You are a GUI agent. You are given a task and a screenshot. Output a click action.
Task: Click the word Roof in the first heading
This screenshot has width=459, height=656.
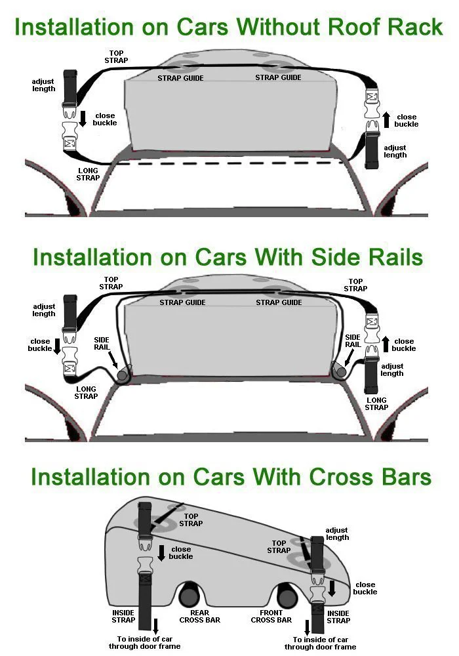[x=353, y=27]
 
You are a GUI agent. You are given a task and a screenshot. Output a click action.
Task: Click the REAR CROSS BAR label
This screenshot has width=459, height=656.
[x=200, y=616]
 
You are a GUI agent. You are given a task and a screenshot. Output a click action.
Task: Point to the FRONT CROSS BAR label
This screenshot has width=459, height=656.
[x=271, y=616]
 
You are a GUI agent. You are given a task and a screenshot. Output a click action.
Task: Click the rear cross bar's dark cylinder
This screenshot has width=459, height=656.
[x=190, y=596]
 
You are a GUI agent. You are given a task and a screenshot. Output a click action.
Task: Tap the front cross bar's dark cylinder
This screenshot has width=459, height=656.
[x=288, y=596]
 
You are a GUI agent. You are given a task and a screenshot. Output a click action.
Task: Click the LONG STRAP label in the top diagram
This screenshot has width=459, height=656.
[x=88, y=174]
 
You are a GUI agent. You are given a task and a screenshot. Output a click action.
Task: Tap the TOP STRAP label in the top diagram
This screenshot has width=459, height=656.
[x=116, y=57]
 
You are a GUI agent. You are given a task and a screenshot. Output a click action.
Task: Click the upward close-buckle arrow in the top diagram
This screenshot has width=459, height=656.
[x=386, y=119]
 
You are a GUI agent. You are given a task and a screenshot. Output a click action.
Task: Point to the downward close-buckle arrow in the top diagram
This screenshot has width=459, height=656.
[x=83, y=118]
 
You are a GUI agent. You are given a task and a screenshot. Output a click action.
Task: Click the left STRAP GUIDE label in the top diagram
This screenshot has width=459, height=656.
[x=180, y=78]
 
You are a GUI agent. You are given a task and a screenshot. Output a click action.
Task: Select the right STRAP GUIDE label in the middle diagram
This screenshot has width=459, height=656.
[x=279, y=302]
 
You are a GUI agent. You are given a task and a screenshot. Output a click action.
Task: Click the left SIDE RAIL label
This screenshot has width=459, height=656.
[x=102, y=344]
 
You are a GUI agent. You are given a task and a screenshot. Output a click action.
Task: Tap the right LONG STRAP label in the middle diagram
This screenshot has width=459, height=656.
[x=376, y=403]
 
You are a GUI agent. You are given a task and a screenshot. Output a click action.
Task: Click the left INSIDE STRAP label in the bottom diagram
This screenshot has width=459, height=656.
[x=123, y=616]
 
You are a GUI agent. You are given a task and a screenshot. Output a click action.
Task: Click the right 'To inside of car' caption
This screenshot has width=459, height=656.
[x=320, y=640]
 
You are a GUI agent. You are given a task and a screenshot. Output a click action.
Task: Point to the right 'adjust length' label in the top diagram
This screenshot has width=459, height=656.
[x=395, y=152]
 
